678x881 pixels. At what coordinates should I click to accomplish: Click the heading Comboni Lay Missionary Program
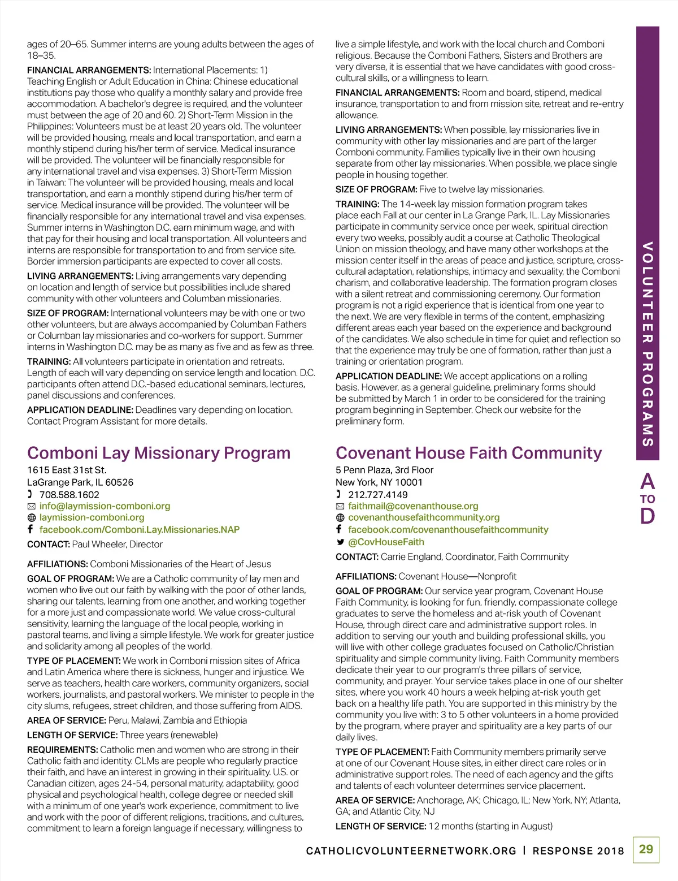(159, 453)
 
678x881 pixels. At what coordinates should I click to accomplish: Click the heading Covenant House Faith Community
(468, 453)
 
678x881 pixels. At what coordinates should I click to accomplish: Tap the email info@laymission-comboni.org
(105, 506)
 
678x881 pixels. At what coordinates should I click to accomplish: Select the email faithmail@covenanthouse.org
(413, 506)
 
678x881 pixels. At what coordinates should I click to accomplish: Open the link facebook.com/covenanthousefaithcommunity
(448, 530)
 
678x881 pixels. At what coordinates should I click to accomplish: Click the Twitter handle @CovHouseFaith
(386, 542)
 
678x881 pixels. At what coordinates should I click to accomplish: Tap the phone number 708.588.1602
(69, 495)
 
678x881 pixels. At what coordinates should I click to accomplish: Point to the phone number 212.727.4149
(377, 495)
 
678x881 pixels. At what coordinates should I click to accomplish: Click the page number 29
(646, 849)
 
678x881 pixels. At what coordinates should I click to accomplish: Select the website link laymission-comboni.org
(92, 517)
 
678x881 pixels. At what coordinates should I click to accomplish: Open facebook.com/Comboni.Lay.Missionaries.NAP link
(140, 530)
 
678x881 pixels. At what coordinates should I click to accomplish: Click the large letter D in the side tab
(647, 516)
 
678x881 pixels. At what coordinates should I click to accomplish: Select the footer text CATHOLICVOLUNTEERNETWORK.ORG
(411, 851)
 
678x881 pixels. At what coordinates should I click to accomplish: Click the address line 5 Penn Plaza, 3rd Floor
(384, 470)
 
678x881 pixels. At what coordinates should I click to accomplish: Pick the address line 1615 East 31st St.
(67, 470)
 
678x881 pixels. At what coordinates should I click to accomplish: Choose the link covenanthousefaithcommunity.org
(424, 517)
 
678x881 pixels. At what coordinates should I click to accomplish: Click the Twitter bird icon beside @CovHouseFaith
(340, 542)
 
